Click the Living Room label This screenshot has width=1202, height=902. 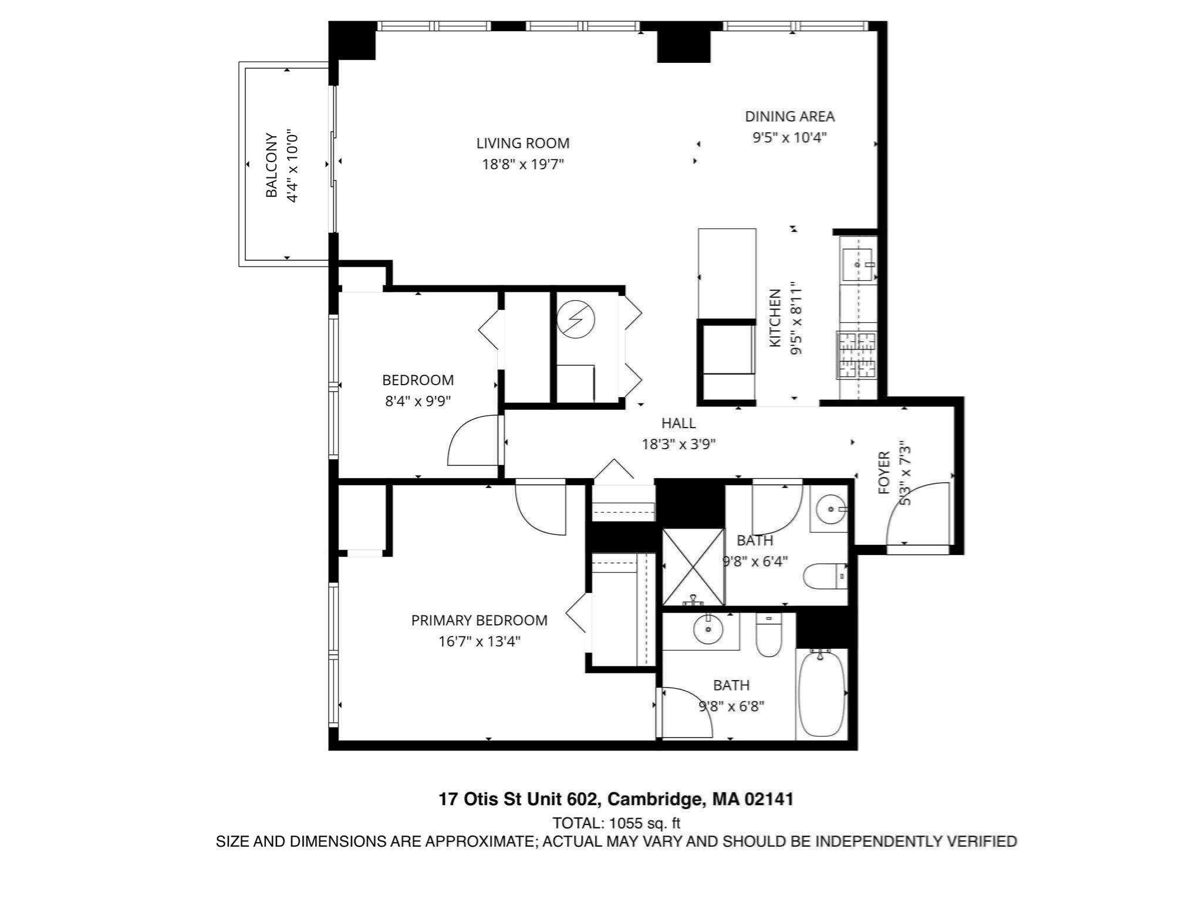click(522, 143)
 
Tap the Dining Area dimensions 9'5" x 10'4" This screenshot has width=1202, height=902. click(789, 137)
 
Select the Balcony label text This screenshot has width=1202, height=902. click(271, 165)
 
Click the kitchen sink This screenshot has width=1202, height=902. click(857, 264)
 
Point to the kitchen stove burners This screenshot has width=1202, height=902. click(856, 355)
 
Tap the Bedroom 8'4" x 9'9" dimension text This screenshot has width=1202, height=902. click(418, 401)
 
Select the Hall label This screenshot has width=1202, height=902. click(678, 423)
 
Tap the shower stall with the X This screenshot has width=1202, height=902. click(693, 567)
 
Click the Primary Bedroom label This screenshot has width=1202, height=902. click(479, 620)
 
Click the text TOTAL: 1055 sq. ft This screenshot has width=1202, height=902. click(616, 823)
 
